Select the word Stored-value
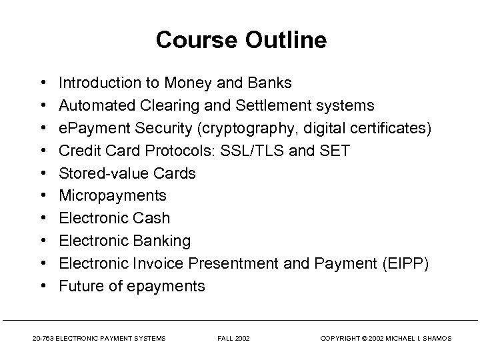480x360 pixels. tap(96, 174)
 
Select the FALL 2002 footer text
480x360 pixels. tap(233, 339)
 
